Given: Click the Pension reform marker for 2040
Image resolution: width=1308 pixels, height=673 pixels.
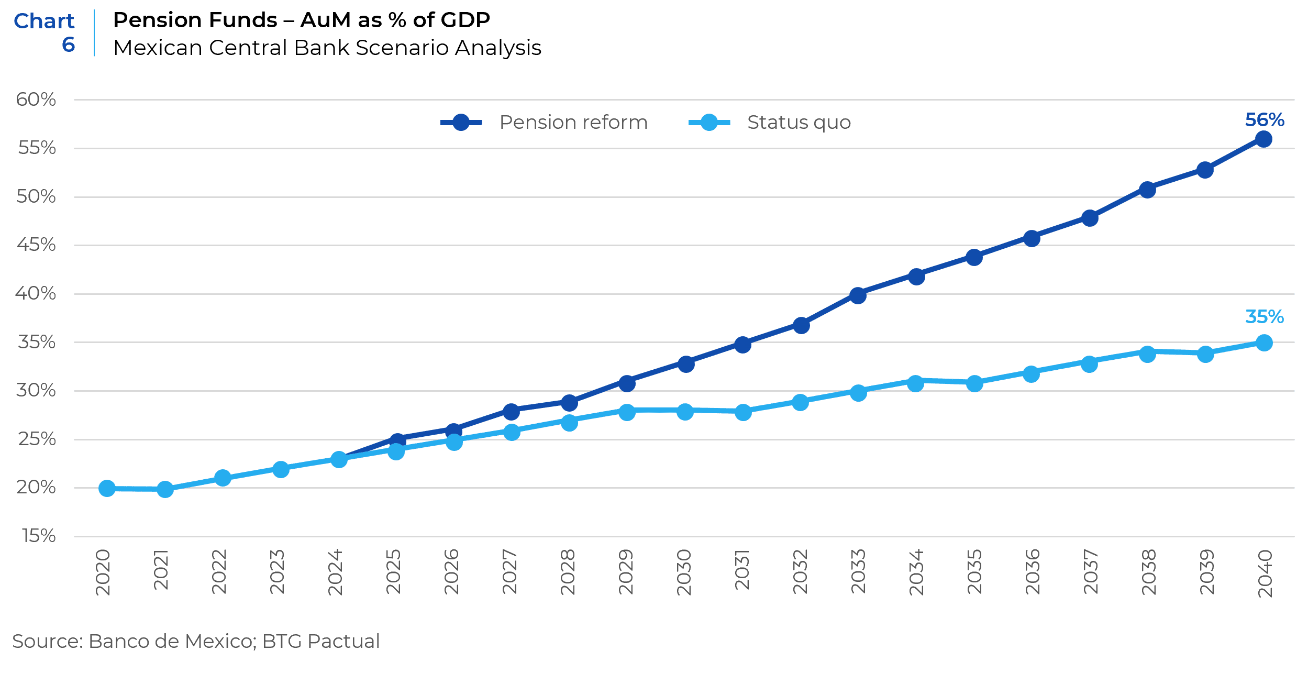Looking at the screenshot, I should (x=1263, y=139).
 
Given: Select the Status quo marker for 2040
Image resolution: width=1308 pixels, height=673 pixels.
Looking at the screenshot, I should (x=1264, y=343).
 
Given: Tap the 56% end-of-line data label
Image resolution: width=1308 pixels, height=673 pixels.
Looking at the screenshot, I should (x=1265, y=120).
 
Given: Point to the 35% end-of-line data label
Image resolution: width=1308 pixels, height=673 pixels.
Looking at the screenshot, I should (x=1265, y=317).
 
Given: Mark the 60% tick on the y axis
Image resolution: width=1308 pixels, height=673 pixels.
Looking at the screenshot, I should (x=36, y=100).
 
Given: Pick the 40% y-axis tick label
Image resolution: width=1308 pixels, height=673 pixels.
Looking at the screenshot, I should (x=36, y=293).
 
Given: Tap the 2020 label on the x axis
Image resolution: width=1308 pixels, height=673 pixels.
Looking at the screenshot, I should (x=103, y=572).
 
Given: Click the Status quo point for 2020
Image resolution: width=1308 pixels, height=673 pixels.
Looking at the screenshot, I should (x=107, y=489).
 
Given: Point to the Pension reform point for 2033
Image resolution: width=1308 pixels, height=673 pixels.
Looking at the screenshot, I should (x=858, y=296).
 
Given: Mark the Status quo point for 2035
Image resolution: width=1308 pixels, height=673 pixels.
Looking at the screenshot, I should (x=974, y=384).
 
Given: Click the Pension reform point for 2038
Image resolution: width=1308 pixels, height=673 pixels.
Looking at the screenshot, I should (x=1147, y=190).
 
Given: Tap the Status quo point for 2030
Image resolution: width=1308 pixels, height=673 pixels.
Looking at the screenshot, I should (x=685, y=412).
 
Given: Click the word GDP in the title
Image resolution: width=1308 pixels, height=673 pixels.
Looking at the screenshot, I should (x=465, y=20).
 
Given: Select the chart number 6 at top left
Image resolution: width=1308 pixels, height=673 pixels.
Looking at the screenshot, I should (x=69, y=45).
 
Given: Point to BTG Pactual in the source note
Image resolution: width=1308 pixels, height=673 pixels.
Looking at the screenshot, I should (x=321, y=641).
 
